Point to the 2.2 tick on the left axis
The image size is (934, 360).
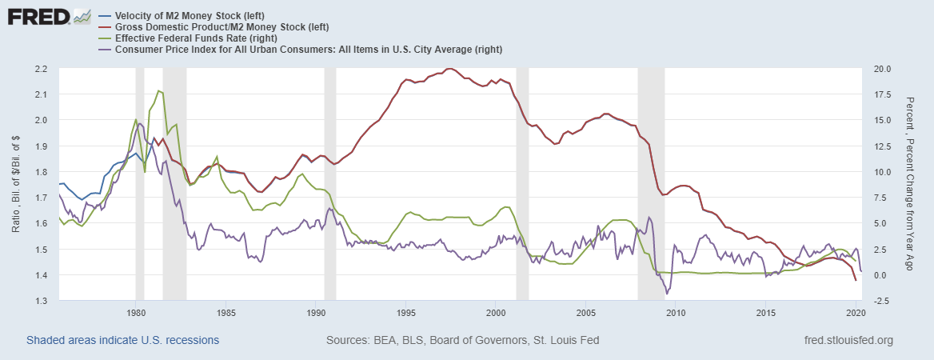pyautogui.click(x=41, y=69)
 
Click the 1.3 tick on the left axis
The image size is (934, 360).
pyautogui.click(x=41, y=301)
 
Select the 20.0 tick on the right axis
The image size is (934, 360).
pyautogui.click(x=873, y=69)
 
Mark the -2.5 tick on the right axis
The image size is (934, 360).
pyautogui.click(x=873, y=301)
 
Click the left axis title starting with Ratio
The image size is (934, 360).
pyautogui.click(x=16, y=185)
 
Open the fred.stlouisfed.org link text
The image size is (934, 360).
pyautogui.click(x=848, y=340)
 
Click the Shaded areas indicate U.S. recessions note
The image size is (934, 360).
pyautogui.click(x=122, y=340)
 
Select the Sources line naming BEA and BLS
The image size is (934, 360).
pyautogui.click(x=462, y=340)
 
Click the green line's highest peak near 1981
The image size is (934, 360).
pyautogui.click(x=160, y=90)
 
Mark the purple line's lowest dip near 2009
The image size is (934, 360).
pyautogui.click(x=667, y=294)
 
